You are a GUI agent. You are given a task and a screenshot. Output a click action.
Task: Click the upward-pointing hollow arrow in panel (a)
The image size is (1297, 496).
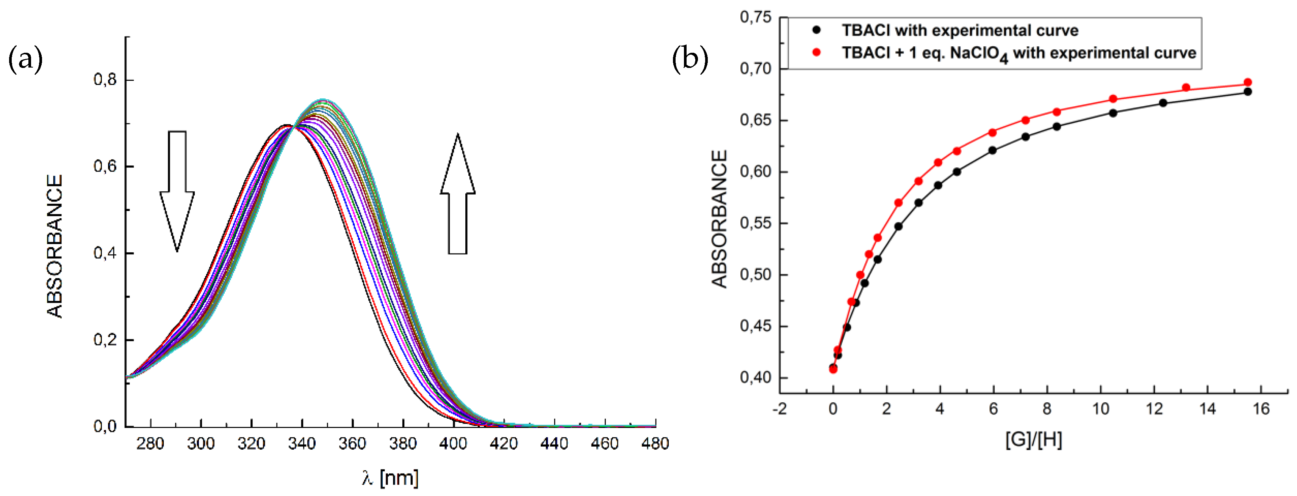458,194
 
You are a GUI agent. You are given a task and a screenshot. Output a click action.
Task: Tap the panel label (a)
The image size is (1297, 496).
25,59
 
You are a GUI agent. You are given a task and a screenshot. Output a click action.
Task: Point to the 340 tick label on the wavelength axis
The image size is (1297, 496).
302,444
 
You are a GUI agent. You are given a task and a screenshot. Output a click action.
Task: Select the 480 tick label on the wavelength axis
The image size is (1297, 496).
654,444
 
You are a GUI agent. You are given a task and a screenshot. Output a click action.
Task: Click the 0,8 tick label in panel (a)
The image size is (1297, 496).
105,80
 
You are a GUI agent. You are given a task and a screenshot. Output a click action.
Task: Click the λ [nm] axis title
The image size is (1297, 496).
390,477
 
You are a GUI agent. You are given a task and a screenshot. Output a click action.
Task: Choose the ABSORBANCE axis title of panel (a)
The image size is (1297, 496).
55,246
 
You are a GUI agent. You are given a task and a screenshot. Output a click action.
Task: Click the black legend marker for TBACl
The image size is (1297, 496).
817,30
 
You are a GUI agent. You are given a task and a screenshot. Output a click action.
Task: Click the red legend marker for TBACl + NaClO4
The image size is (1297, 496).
817,52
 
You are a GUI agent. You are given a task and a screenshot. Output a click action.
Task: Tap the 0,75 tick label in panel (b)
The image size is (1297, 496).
755,17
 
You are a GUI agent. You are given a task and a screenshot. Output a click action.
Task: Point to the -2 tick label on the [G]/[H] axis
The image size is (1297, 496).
779,408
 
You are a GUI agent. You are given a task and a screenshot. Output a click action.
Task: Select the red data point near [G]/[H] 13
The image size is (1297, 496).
1186,88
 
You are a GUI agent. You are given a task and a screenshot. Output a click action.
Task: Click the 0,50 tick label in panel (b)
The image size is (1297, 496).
755,275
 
